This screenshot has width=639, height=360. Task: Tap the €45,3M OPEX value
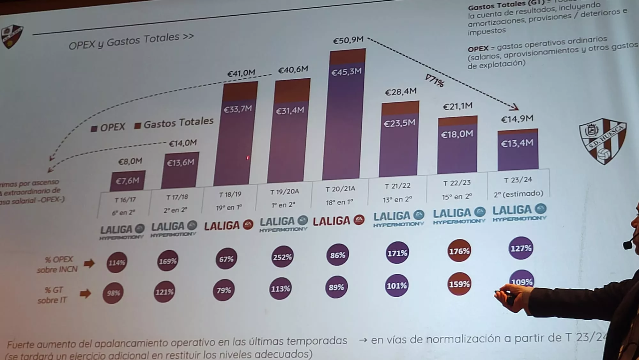(x=346, y=72)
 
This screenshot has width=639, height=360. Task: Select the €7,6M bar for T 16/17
(x=128, y=181)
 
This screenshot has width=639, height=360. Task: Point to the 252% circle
(x=282, y=257)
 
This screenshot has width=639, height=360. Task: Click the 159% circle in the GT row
(x=459, y=284)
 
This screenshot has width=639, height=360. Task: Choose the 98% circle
(x=113, y=293)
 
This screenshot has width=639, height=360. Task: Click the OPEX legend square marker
(x=94, y=129)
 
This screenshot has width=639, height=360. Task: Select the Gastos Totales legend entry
(x=174, y=123)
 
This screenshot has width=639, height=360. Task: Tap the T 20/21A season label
(x=340, y=189)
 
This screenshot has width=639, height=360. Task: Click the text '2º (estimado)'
(x=518, y=194)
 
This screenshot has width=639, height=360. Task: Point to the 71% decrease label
(x=435, y=81)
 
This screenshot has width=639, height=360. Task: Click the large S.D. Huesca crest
(x=603, y=141)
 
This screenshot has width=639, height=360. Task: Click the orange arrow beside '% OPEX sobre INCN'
(x=89, y=264)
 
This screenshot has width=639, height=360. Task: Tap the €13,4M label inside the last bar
(x=517, y=143)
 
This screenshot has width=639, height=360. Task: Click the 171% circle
(x=397, y=253)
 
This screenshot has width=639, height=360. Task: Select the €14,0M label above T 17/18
(x=183, y=143)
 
